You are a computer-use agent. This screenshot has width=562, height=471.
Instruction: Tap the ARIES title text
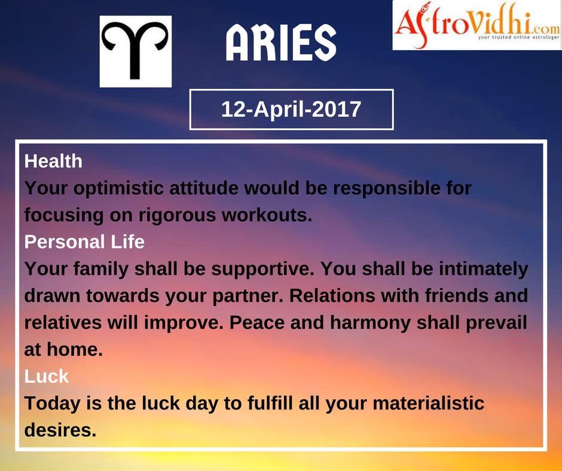281,42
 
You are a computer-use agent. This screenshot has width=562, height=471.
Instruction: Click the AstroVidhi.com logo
477,25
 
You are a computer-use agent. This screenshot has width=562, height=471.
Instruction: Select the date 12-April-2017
291,109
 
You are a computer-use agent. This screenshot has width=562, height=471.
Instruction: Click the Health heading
53,161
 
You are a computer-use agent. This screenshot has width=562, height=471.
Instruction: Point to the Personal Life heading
84,241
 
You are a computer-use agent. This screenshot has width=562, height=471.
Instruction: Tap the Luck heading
46,376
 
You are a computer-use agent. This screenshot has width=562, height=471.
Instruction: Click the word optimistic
120,188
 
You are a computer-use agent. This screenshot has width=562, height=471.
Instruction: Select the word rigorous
177,215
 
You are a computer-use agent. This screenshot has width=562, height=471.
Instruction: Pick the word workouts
267,215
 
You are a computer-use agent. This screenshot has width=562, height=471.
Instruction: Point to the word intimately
484,269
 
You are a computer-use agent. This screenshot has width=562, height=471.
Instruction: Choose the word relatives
63,322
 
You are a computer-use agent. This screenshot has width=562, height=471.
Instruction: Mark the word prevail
496,323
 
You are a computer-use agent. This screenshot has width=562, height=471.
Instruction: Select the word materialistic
429,403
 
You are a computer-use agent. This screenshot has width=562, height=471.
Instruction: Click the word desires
60,430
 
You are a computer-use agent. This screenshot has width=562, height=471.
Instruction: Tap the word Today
53,403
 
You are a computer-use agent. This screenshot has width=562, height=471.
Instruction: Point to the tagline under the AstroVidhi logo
518,37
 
